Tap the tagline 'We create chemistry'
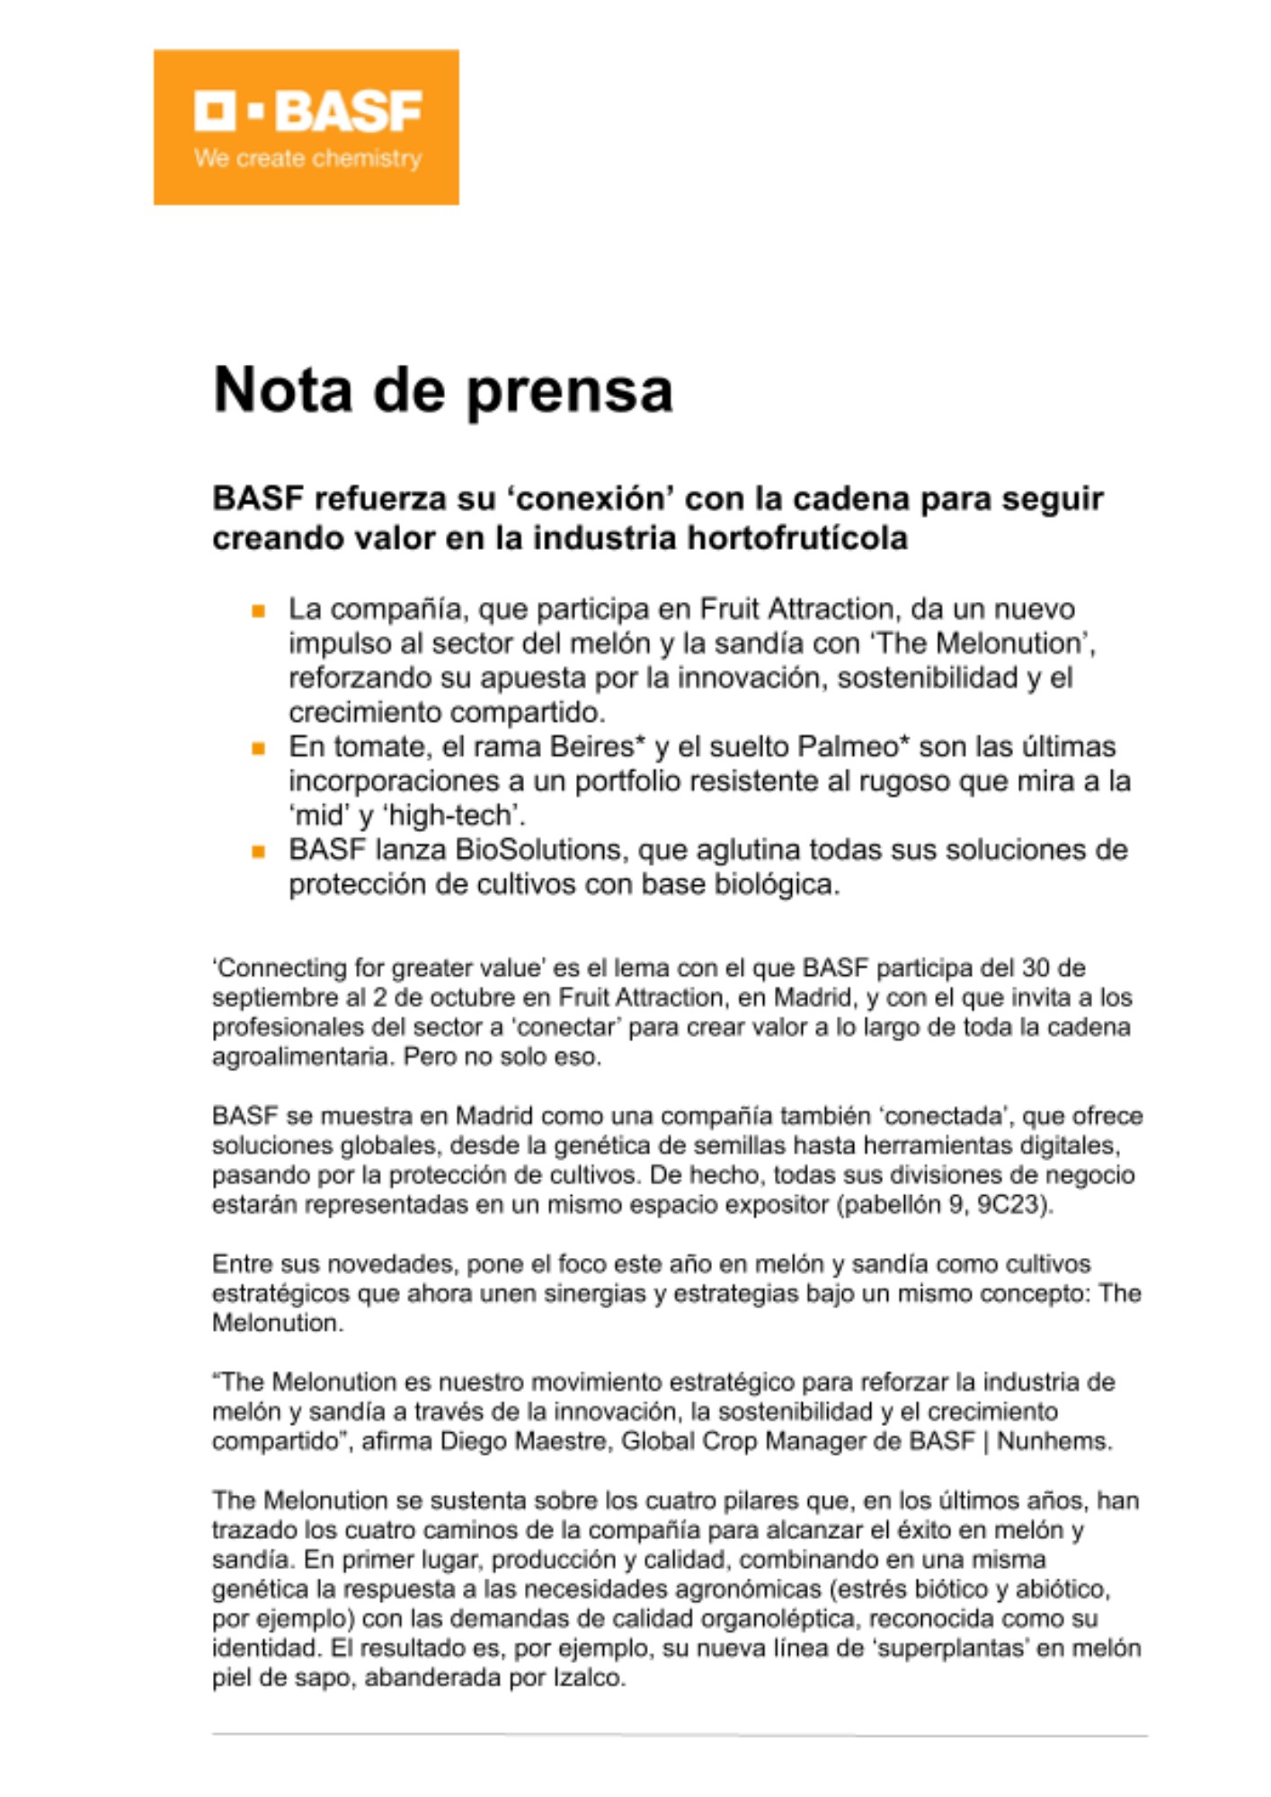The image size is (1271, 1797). tap(307, 159)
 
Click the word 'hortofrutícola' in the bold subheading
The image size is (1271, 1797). tap(797, 538)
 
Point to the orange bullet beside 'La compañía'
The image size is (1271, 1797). tap(259, 612)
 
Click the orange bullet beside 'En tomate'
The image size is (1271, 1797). tap(259, 748)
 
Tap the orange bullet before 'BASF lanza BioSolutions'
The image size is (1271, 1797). tap(259, 852)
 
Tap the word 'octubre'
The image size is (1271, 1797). tap(504, 997)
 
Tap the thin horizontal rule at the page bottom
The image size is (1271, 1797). tap(680, 1735)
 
